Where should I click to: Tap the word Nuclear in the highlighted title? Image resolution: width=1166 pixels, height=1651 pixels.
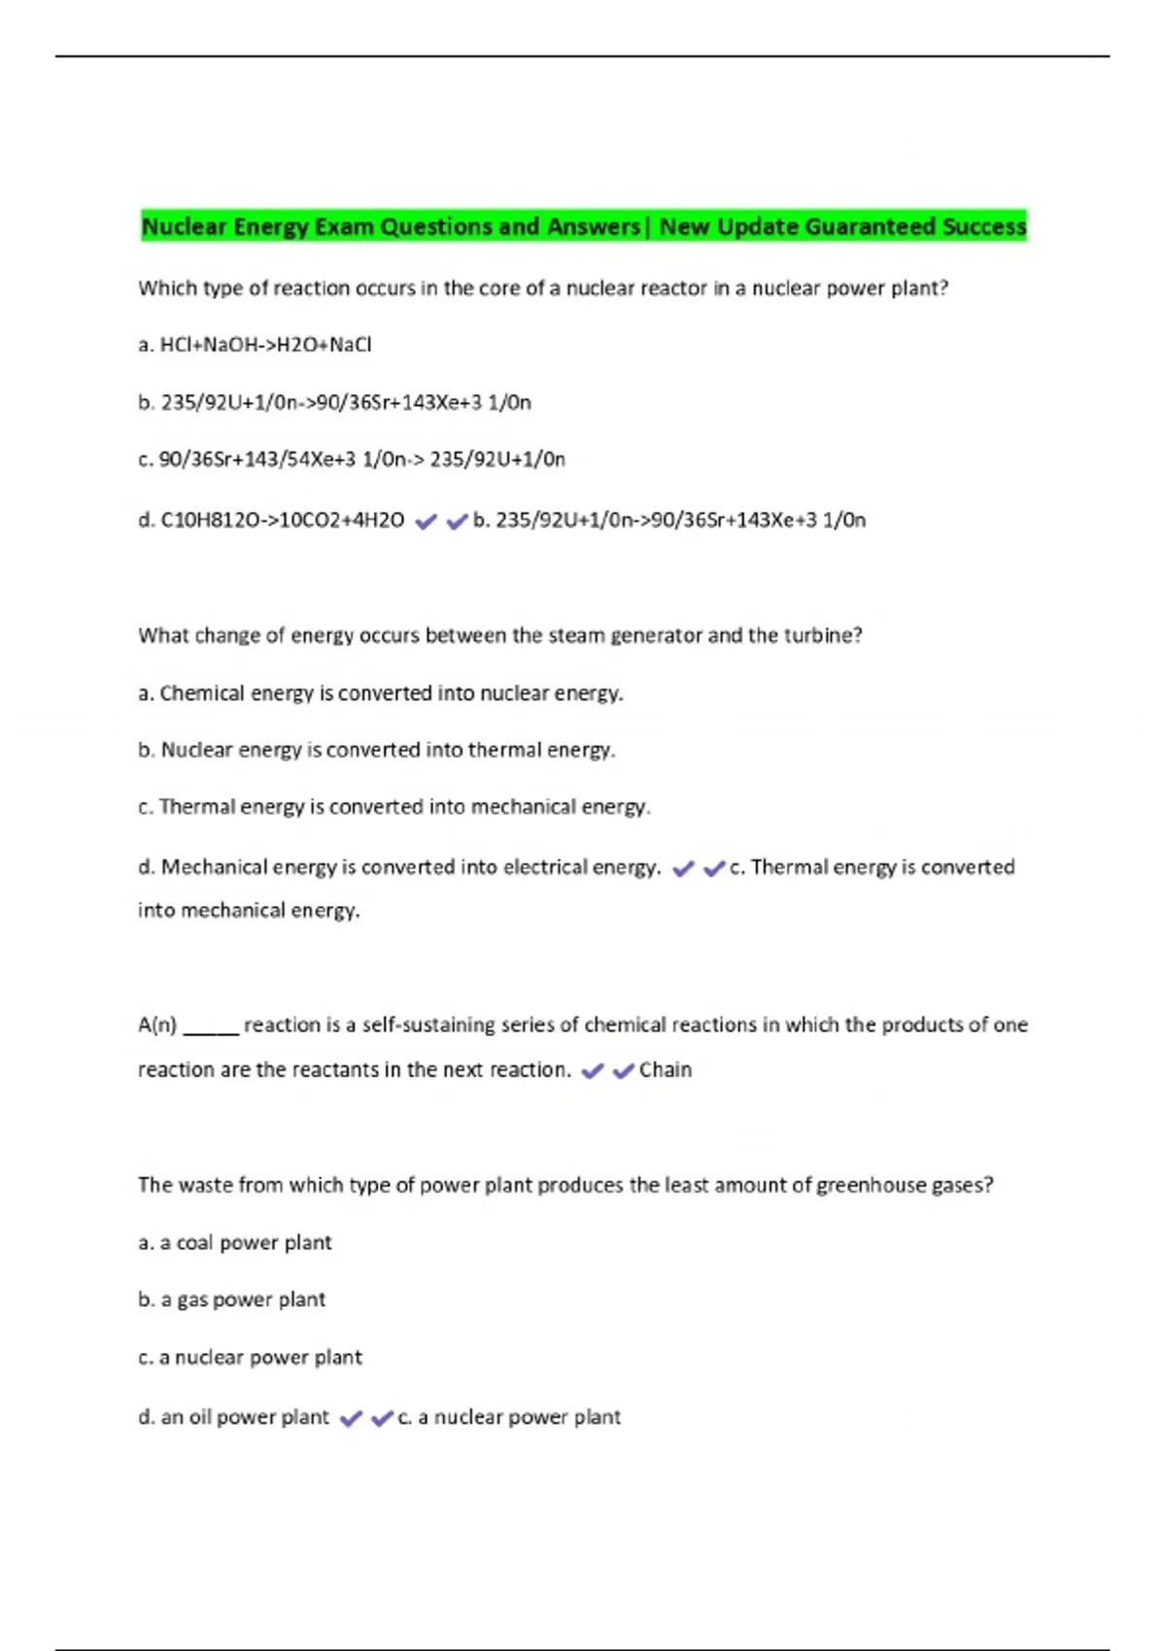[x=185, y=227]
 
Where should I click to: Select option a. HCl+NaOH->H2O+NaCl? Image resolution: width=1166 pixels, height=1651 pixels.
[x=255, y=345]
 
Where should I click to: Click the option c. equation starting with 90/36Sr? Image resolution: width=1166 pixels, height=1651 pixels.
[x=352, y=459]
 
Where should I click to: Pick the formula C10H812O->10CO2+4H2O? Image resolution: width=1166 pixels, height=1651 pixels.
[x=282, y=521]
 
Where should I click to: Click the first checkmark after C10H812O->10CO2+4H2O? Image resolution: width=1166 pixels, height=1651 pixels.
[x=426, y=522]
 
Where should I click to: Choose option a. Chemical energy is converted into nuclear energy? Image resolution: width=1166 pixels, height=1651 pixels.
[x=381, y=693]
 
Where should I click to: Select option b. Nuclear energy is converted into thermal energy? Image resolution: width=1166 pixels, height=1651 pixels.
[x=377, y=750]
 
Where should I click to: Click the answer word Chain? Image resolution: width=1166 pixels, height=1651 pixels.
[x=666, y=1070]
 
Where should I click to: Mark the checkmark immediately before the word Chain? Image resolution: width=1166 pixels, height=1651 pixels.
[x=624, y=1071]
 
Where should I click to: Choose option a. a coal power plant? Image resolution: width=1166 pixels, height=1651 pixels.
[x=235, y=1243]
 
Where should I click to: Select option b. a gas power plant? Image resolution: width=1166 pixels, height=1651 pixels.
[x=232, y=1299]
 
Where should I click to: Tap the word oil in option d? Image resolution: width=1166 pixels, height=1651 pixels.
[x=200, y=1418]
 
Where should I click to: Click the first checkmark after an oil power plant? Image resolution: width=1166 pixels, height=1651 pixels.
[x=351, y=1419]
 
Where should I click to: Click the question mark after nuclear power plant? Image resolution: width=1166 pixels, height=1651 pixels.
[x=943, y=288]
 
